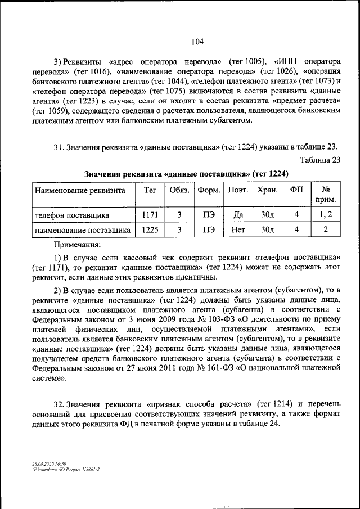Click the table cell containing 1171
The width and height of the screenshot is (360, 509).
[150, 215]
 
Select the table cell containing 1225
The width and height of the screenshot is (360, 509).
[150, 229]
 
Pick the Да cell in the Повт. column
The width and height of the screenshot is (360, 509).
[238, 215]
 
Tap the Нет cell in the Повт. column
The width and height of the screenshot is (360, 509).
[238, 229]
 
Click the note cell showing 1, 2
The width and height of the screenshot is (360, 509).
[325, 215]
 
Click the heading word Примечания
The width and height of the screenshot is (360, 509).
[77, 245]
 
